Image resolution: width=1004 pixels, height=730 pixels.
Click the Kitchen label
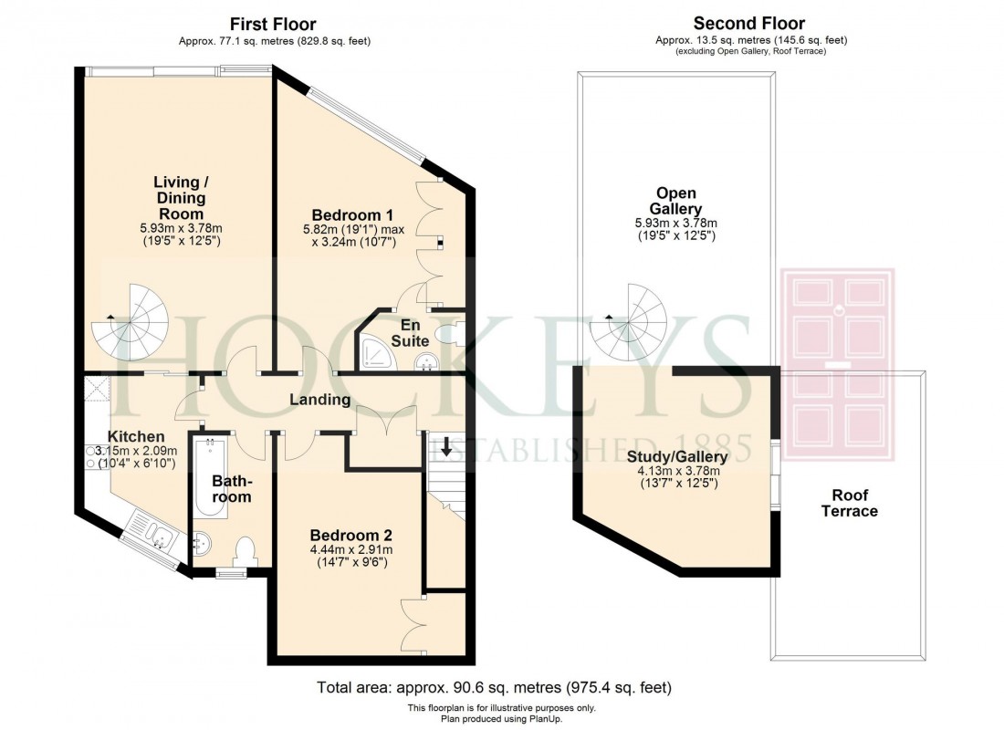(x=136, y=436)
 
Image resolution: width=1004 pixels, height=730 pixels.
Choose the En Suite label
(x=410, y=332)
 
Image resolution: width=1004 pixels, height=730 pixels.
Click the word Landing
(x=319, y=400)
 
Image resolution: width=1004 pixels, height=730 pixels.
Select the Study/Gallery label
(x=676, y=456)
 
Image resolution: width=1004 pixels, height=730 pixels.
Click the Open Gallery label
(x=676, y=201)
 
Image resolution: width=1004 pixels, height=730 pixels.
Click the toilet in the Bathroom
(x=244, y=551)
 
